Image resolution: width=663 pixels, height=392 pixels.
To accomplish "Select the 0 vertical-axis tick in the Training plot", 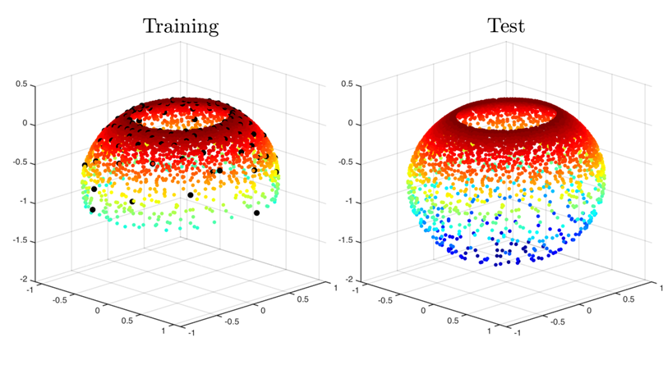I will pyautogui.click(x=25, y=124).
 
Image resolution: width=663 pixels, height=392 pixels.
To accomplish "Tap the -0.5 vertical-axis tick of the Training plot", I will pyautogui.click(x=20, y=162).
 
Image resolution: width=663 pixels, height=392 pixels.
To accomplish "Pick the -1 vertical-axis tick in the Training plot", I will pyautogui.click(x=23, y=202).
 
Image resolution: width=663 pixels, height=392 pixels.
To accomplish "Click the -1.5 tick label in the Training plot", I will pyautogui.click(x=20, y=240).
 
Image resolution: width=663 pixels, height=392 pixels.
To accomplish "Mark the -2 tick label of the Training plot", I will pyautogui.click(x=23, y=280).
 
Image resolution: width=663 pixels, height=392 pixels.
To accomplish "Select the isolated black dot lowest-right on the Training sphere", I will pyautogui.click(x=257, y=213).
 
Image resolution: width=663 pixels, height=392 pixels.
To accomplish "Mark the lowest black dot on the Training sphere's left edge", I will pyautogui.click(x=92, y=210).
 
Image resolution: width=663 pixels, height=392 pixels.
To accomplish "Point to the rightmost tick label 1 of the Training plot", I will pyautogui.click(x=331, y=288).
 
